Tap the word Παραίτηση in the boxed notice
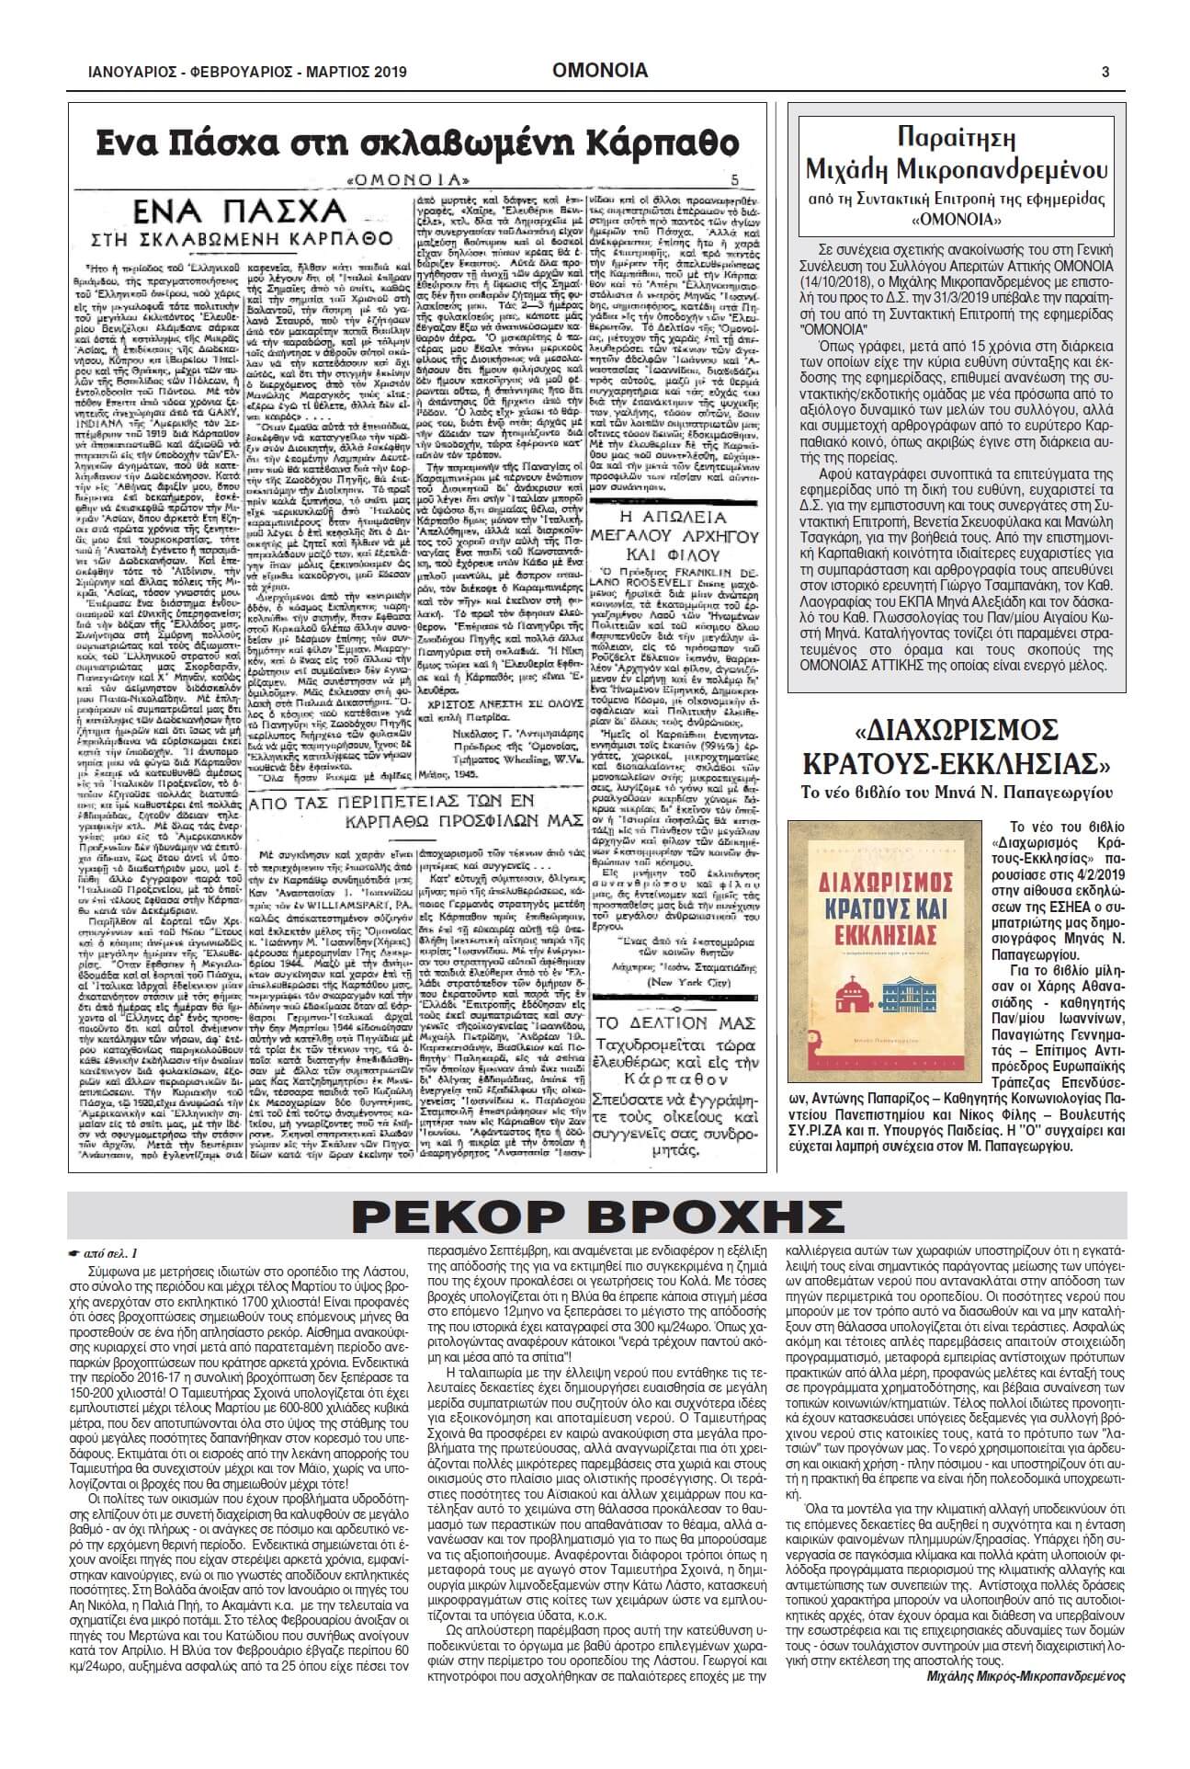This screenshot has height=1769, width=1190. [x=961, y=142]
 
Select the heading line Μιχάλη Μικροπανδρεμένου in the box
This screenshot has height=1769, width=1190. [x=961, y=170]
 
